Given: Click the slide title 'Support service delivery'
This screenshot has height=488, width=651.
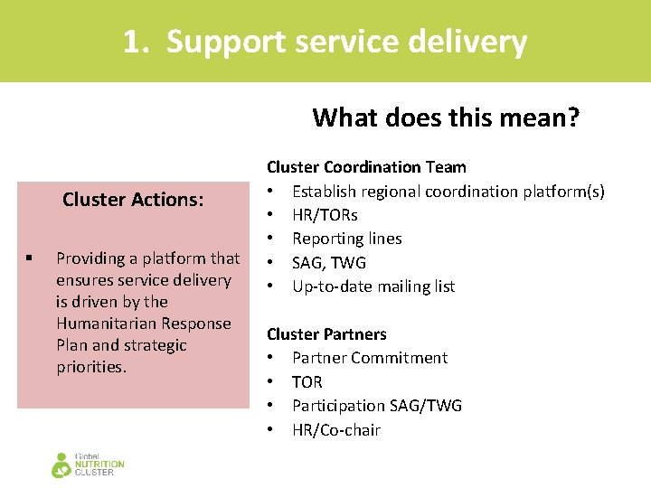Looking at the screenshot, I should point(346,42).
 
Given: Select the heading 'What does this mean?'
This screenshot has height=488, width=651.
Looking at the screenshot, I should point(446,117).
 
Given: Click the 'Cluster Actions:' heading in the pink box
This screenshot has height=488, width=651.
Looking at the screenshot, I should point(133,200).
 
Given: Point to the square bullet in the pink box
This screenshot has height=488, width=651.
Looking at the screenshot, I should point(30,258).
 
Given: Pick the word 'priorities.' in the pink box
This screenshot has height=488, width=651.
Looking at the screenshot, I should point(91,367).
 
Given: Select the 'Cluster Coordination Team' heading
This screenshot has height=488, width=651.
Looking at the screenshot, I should point(366,167).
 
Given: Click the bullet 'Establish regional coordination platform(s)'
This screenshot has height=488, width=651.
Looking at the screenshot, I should point(448,191).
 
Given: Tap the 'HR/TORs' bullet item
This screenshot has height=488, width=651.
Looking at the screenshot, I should point(325,215).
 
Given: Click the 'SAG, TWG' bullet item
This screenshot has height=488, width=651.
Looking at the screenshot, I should point(328,263).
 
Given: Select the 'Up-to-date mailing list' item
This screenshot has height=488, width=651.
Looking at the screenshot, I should point(373,286).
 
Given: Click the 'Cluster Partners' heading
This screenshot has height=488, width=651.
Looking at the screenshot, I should point(326,334).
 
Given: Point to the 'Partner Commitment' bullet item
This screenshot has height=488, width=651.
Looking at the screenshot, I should point(369,358).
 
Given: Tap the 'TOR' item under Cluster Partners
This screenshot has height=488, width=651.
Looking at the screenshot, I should point(307,382).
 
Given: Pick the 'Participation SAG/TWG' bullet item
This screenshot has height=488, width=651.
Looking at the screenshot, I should point(376,406).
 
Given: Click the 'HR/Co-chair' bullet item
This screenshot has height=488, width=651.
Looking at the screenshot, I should point(335,430).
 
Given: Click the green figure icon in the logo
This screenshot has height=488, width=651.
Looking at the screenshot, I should point(61,465).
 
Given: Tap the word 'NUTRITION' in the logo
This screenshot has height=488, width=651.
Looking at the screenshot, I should point(99,465).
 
